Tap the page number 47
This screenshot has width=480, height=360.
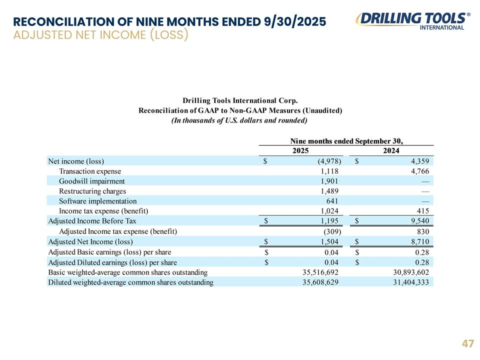[467, 344]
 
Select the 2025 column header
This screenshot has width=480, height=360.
[300, 150]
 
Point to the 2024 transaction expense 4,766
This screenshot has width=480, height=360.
[418, 171]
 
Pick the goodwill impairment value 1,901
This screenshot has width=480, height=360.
[330, 181]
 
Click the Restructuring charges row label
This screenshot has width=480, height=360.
[92, 191]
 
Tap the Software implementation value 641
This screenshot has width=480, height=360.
[334, 201]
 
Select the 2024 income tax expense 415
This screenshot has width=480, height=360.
[422, 211]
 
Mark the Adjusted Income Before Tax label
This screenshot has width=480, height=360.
[92, 220]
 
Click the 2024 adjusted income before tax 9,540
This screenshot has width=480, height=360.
[418, 220]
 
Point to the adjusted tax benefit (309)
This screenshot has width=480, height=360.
[330, 231]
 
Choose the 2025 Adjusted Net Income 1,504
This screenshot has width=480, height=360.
[330, 242]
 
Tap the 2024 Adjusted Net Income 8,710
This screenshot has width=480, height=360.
[418, 242]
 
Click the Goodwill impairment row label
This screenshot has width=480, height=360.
[92, 181]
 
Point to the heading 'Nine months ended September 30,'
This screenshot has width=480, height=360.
[346, 140]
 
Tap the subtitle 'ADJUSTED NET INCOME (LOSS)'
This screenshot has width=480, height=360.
[100, 35]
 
